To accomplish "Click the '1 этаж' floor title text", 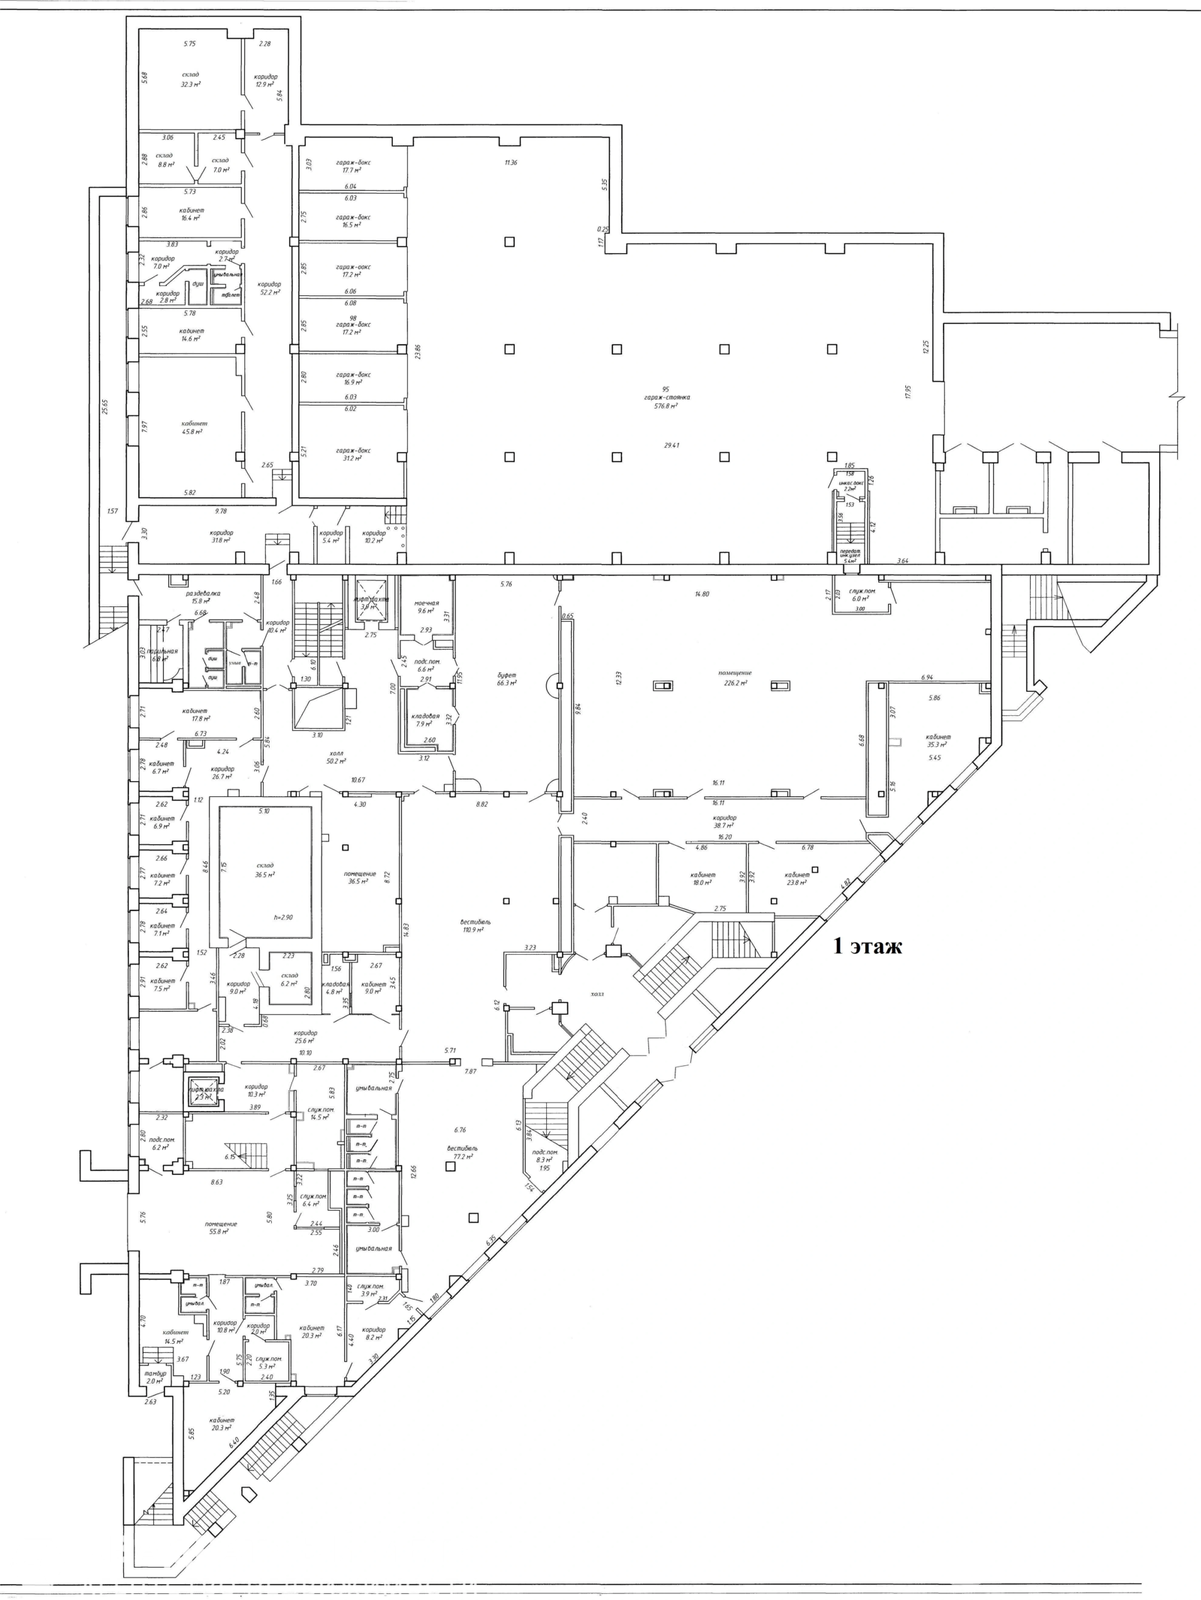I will [x=867, y=946].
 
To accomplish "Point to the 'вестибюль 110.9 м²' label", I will [x=475, y=925].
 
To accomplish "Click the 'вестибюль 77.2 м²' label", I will [x=462, y=1153].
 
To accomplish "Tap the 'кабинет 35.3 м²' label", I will [x=937, y=740].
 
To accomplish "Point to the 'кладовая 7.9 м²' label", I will [x=426, y=720].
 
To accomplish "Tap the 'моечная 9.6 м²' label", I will [x=427, y=607].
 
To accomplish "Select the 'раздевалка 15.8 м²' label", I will [x=189, y=596].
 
